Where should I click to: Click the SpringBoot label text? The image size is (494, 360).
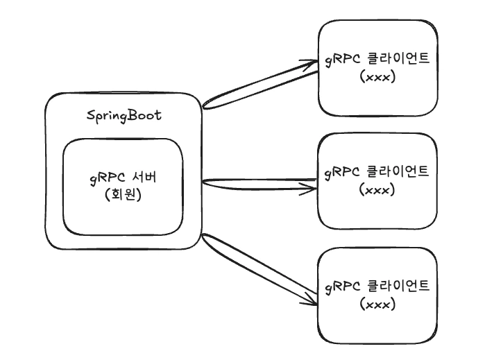123,115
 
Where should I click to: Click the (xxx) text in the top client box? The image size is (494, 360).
378,77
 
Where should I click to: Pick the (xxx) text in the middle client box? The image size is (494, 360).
378,189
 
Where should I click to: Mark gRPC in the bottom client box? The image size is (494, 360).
343,286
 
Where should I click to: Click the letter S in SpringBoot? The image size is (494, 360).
90,115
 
